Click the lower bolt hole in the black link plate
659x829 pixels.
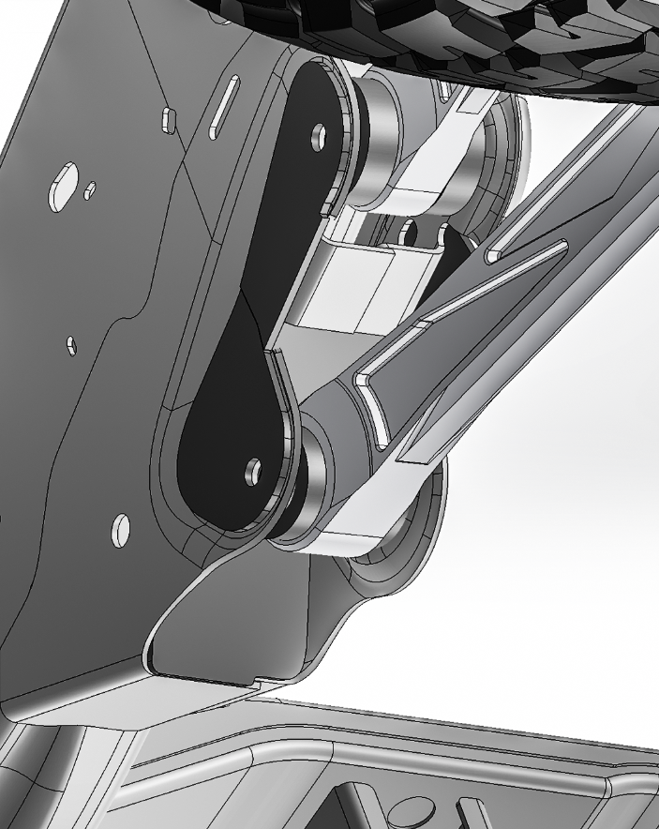(252, 467)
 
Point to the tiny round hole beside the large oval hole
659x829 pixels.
(90, 191)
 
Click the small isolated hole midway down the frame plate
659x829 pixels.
(71, 346)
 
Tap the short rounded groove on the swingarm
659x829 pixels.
(525, 249)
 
